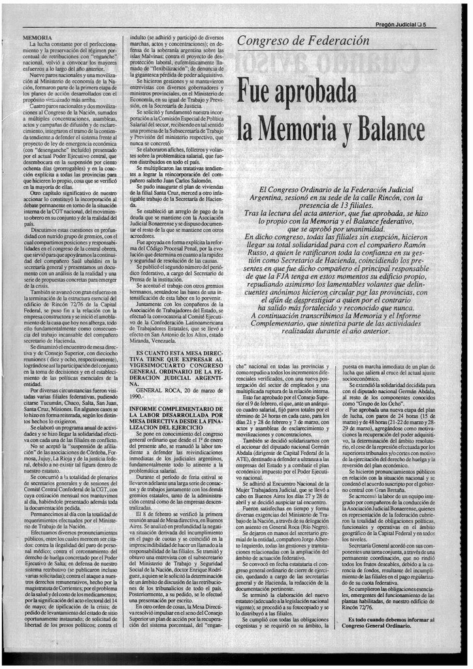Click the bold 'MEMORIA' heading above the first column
(x=37, y=39)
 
